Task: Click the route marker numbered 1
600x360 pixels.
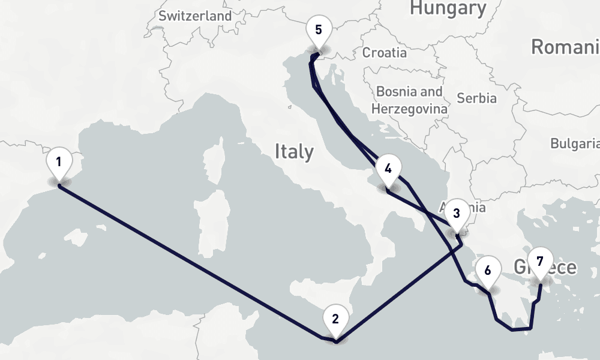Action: pyautogui.click(x=59, y=162)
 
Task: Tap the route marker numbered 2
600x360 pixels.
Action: pyautogui.click(x=335, y=319)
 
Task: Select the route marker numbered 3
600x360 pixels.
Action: pyautogui.click(x=457, y=213)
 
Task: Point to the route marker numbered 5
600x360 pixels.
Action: pyautogui.click(x=318, y=29)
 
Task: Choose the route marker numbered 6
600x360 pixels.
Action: pyautogui.click(x=487, y=271)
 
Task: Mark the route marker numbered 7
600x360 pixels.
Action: pyautogui.click(x=540, y=262)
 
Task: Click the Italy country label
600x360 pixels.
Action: pyautogui.click(x=294, y=151)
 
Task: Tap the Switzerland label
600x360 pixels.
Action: pyautogui.click(x=195, y=16)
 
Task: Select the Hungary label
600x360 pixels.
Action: pyautogui.click(x=448, y=8)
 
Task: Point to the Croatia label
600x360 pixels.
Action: pyautogui.click(x=384, y=53)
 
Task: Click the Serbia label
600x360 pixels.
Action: pyautogui.click(x=476, y=98)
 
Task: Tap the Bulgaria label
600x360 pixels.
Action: pyautogui.click(x=575, y=143)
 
